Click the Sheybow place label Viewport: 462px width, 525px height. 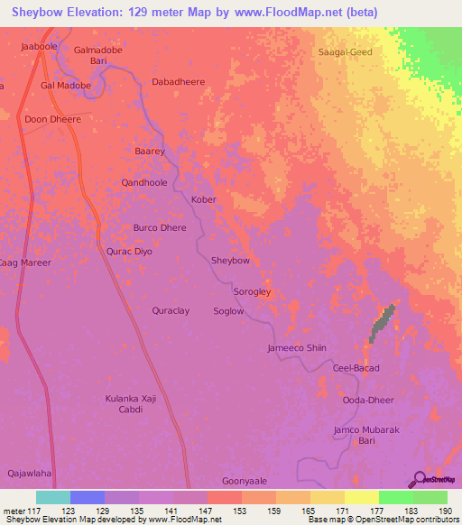pos(230,261)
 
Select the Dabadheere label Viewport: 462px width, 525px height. pos(178,81)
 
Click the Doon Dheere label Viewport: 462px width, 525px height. pos(53,119)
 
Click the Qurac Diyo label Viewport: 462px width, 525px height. pos(130,252)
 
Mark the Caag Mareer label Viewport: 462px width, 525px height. pos(25,262)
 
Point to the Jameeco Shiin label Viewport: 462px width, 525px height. pos(296,348)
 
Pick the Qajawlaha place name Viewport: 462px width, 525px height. pos(30,472)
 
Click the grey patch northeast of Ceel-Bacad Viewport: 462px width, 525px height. pos(383,323)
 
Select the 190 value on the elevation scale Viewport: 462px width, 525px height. pos(446,512)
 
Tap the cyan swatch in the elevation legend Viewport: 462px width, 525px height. pos(52,497)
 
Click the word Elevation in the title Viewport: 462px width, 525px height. pos(99,12)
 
